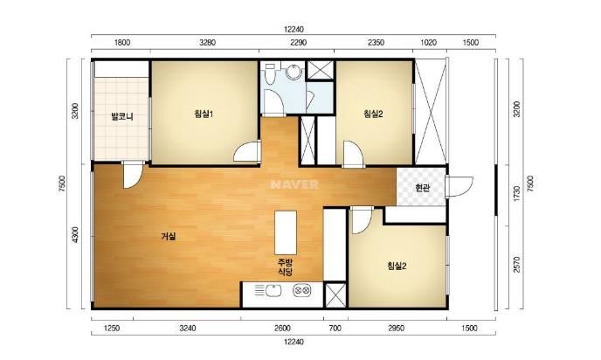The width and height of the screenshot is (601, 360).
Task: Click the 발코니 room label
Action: [122, 116]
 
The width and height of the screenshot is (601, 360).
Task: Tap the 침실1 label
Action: [204, 114]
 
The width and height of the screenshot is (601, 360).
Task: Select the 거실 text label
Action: [169, 236]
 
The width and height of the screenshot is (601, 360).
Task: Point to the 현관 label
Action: [423, 188]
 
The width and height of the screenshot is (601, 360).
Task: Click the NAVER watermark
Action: [294, 184]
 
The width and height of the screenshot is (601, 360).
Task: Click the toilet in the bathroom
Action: [270, 73]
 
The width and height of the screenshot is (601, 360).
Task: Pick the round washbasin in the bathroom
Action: [294, 72]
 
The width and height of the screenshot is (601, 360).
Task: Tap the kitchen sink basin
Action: [273, 291]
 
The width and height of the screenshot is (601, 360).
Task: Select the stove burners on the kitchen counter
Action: [302, 291]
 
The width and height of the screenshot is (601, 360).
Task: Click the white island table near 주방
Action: [286, 232]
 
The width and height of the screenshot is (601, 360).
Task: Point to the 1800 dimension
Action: [122, 43]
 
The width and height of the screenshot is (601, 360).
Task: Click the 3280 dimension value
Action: [207, 43]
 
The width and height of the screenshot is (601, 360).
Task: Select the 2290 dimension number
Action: [298, 43]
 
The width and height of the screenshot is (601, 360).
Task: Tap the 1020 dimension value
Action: [429, 43]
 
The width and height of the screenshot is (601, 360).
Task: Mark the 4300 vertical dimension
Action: [75, 235]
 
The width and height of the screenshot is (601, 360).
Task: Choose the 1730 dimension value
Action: [517, 194]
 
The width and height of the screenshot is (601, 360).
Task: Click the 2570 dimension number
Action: [517, 265]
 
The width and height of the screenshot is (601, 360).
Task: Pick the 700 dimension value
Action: [335, 329]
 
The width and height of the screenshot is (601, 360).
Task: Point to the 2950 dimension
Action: [396, 329]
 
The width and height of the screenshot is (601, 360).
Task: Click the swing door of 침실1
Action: [246, 152]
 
